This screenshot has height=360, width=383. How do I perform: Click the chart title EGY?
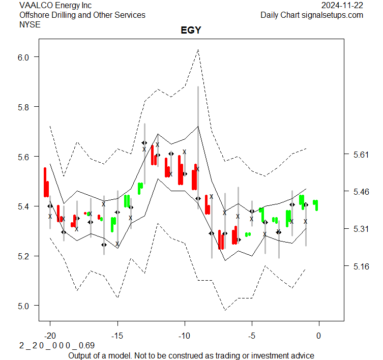pos(191,31)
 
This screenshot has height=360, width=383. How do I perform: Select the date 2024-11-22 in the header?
pos(342,6)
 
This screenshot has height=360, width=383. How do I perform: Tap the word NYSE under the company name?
pos(30,24)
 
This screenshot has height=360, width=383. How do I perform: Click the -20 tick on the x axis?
pos(50,336)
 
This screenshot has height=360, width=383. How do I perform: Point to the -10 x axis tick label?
pos(184,336)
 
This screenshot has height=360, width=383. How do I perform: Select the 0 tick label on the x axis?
pos(318,336)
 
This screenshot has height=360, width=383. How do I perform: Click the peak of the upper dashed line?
pos(198,49)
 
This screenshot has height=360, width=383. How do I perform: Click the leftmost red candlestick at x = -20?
pos(45,182)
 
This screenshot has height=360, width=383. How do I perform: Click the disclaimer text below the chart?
pos(191,355)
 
